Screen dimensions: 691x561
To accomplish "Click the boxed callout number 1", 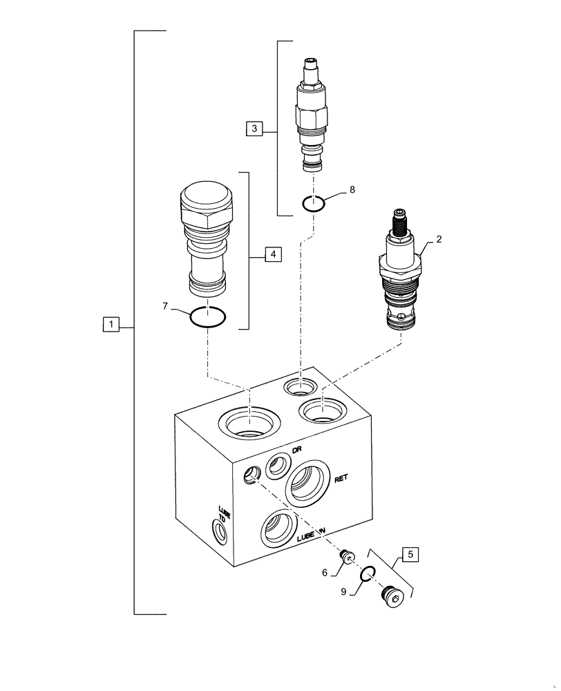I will tap(111, 323).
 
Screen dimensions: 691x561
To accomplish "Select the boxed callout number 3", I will tap(254, 128).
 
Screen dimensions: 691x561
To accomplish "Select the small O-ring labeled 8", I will tap(313, 203).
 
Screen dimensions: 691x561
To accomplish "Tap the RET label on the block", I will tap(342, 478).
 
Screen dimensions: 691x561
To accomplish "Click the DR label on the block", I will tap(297, 449).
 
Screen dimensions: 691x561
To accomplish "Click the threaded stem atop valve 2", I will tap(400, 221).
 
